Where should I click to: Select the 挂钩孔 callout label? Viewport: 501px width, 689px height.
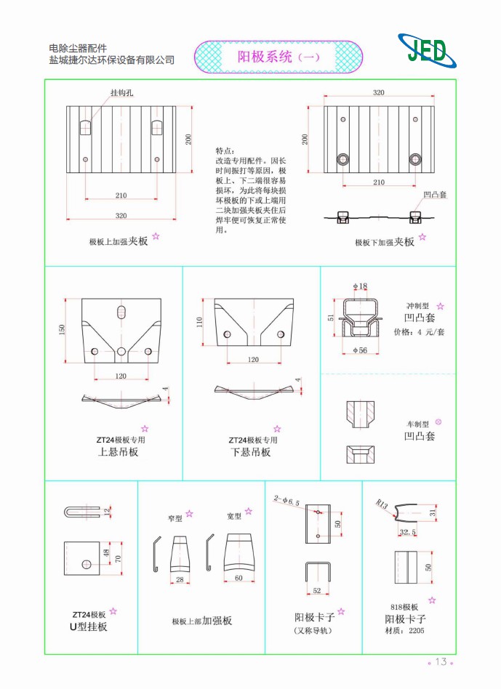[121, 94]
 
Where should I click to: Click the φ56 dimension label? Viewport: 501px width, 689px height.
[359, 350]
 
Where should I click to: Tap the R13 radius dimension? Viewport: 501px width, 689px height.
[382, 503]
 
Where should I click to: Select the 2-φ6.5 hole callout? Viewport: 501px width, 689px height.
[286, 500]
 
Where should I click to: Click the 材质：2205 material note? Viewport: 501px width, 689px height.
[408, 630]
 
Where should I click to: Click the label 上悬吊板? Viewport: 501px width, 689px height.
[118, 452]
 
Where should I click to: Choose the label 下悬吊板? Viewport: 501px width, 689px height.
[250, 452]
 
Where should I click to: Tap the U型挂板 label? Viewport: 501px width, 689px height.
[88, 626]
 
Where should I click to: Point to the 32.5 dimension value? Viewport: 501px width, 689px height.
[408, 532]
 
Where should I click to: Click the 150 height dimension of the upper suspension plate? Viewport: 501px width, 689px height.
[63, 329]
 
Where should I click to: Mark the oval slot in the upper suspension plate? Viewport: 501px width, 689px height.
[121, 311]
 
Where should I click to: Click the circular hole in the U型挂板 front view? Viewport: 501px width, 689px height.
[86, 563]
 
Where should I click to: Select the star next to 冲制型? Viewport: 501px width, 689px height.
[440, 307]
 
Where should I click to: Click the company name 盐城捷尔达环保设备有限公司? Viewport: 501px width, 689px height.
[111, 60]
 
